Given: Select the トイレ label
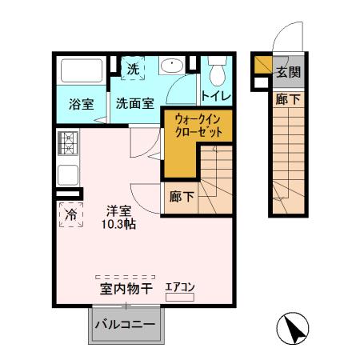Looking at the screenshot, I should pyautogui.click(x=216, y=96).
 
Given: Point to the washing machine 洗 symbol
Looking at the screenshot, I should pyautogui.click(x=133, y=70).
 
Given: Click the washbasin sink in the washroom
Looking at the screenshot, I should pyautogui.click(x=170, y=66).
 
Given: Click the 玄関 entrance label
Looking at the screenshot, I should pyautogui.click(x=289, y=72).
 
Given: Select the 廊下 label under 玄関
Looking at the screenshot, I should pyautogui.click(x=289, y=99).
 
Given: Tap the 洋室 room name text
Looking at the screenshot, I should pyautogui.click(x=118, y=211).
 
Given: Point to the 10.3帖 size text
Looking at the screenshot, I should pyautogui.click(x=118, y=225).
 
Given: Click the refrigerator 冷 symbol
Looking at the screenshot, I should pyautogui.click(x=70, y=214).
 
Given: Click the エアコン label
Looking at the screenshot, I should pyautogui.click(x=180, y=286).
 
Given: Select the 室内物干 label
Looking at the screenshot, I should pyautogui.click(x=126, y=289).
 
